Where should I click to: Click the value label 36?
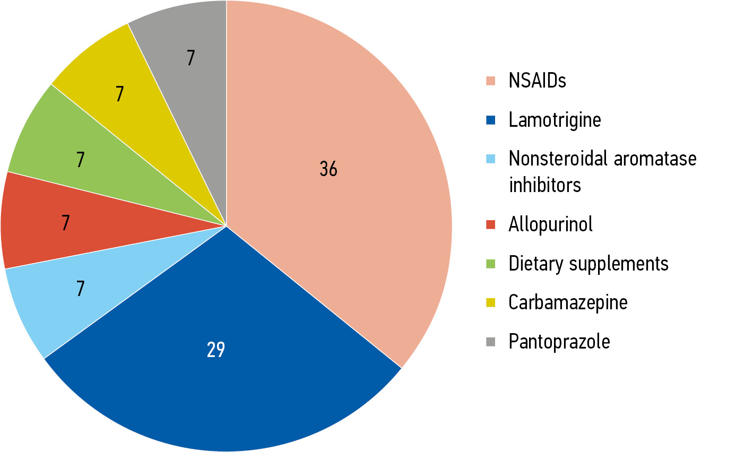coord(328,169)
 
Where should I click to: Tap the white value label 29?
coord(216,350)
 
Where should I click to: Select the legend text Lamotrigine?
coord(555,120)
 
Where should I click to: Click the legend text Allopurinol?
coord(550,224)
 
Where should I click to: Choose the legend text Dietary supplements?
coord(588,263)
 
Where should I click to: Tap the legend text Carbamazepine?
coord(568,302)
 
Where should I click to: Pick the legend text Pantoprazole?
coord(559,341)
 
